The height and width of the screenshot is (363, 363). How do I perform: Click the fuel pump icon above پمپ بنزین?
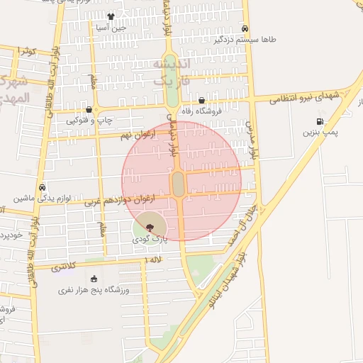(320, 121)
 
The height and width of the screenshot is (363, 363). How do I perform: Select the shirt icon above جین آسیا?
(111, 16)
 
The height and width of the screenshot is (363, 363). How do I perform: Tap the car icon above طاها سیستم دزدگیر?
(245, 29)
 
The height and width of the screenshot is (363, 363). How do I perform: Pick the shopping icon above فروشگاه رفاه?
(202, 101)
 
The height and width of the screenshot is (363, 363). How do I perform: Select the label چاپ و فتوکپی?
(89, 121)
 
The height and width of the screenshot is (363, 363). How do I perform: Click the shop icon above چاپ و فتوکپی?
(89, 110)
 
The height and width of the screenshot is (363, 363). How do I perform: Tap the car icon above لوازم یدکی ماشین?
(43, 188)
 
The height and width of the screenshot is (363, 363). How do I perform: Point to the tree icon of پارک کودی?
(149, 227)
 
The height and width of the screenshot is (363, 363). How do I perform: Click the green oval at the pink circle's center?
(178, 184)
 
